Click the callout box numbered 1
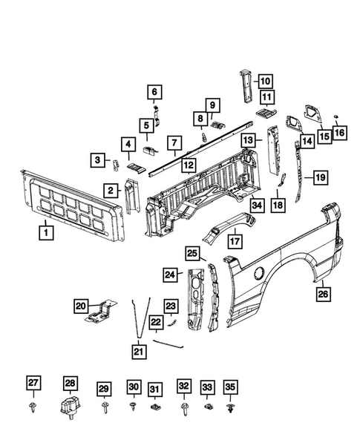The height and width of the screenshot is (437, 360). [45, 233]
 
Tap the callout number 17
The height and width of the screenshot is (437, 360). [235, 240]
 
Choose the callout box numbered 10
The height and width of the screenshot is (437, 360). [266, 82]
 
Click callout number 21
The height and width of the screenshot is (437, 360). [140, 350]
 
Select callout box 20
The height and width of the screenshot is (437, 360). [81, 304]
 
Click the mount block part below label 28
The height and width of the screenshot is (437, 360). [71, 408]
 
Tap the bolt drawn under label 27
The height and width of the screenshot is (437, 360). [34, 408]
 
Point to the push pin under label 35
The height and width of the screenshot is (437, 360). [230, 408]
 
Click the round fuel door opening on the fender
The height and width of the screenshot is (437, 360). [258, 274]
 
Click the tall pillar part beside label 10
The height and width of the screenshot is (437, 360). [244, 85]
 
